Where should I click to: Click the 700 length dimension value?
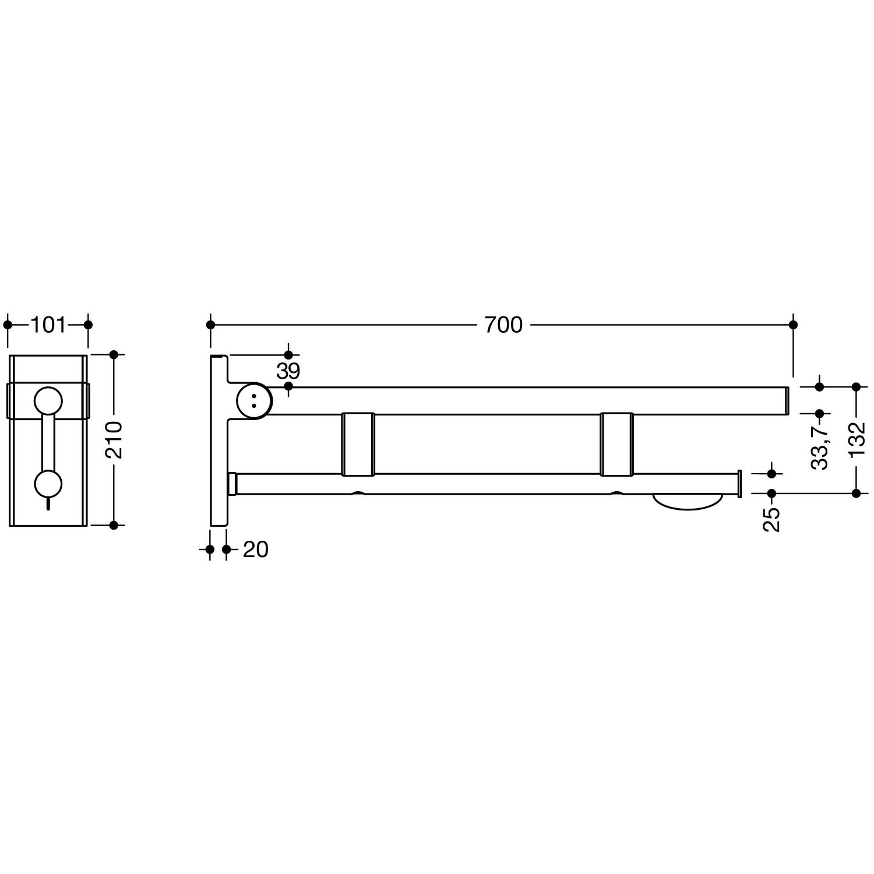[x=503, y=325]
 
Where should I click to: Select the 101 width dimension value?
[x=48, y=325]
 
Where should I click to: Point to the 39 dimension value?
[x=288, y=371]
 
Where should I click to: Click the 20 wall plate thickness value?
[x=255, y=549]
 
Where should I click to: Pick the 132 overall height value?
[x=857, y=439]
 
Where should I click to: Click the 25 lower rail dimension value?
[x=772, y=519]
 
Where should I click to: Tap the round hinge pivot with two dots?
[x=253, y=400]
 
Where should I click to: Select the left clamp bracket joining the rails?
[x=358, y=444]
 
